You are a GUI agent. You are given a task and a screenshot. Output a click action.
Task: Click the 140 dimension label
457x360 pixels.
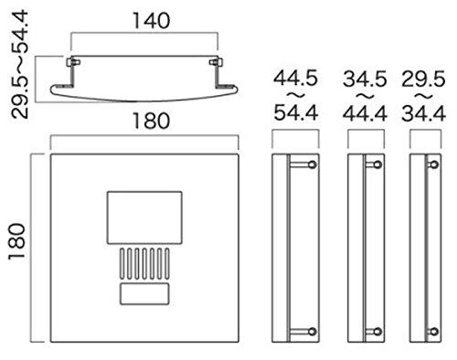(151, 21)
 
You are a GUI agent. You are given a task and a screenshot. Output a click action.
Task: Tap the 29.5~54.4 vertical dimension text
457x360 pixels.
(19, 65)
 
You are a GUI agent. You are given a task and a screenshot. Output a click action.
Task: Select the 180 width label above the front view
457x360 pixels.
(151, 121)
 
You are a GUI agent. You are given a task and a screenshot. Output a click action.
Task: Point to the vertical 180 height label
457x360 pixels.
(16, 242)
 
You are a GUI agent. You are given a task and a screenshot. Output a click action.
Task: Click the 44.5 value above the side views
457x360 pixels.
(295, 79)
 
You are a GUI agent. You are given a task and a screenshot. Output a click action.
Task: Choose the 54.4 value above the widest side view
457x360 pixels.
(296, 112)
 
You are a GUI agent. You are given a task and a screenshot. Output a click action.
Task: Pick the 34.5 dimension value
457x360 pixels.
(365, 79)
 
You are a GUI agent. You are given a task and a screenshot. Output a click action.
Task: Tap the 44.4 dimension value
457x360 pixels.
(365, 114)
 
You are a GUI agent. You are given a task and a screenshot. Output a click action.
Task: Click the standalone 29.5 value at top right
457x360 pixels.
(423, 79)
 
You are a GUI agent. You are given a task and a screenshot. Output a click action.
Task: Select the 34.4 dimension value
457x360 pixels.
(423, 114)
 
